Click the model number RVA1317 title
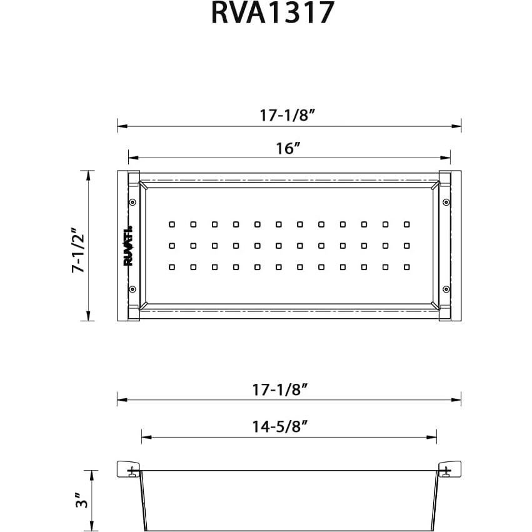pos(273,14)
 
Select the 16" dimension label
pos(288,149)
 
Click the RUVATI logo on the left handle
pos(128,246)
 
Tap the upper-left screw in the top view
pos(133,202)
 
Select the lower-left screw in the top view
pos(133,289)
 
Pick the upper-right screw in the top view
pos(445,202)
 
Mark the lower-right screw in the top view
pos(445,289)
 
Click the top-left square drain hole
pos(172,223)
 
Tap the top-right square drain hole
pos(406,223)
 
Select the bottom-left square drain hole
pos(172,267)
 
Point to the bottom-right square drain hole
pos(406,267)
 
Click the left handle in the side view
pos(128,469)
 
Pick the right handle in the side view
pos(449,469)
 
